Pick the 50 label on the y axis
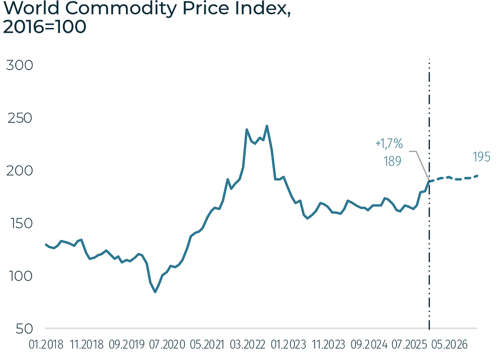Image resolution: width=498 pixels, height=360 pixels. point(19,329)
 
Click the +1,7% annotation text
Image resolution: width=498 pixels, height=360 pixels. point(389,144)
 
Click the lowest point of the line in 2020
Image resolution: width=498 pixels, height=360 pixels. point(155,292)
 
